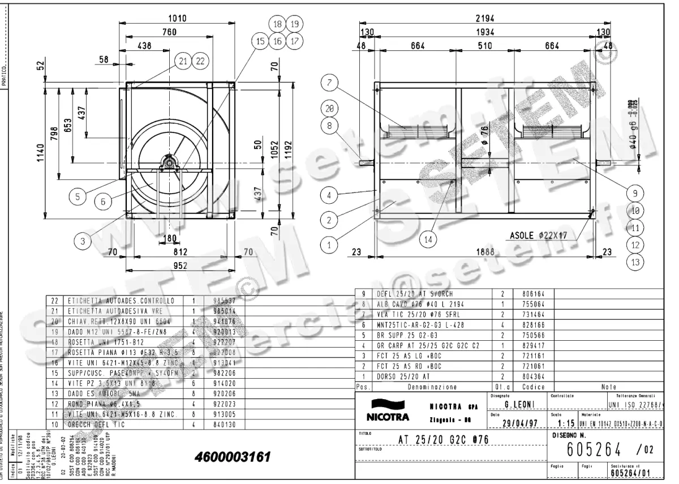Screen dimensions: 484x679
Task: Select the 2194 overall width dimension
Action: click(485, 19)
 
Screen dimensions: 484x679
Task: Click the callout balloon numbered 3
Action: click(83, 241)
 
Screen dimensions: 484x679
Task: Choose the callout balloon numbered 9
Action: click(635, 192)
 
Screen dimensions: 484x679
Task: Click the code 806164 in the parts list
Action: click(526, 294)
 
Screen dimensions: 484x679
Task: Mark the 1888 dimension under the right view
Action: click(485, 253)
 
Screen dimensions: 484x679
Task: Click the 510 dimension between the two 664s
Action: click(485, 46)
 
